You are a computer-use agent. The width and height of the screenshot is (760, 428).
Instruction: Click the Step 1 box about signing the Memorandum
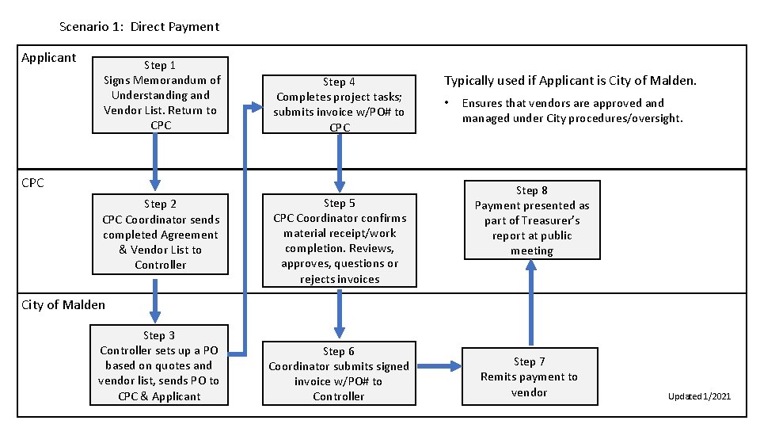pos(161,94)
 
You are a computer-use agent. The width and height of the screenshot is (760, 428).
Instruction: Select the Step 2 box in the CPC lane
pos(161,234)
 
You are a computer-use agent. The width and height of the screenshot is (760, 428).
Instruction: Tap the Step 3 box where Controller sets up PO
pos(161,365)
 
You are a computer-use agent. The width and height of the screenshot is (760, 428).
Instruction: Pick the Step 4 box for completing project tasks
pos(339,105)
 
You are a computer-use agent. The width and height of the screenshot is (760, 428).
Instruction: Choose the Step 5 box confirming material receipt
pos(339,240)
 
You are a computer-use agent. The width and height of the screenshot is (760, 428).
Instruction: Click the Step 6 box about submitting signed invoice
pos(339,373)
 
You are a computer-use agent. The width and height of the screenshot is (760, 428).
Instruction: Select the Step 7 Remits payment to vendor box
pos(529,376)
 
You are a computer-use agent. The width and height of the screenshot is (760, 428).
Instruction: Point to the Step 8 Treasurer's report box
pos(532,220)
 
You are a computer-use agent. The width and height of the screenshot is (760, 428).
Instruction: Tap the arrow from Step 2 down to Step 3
pos(155,299)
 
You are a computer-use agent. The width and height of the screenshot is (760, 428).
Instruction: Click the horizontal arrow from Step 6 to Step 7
pos(439,365)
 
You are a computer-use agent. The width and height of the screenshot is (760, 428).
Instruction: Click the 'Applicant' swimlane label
pos(49,58)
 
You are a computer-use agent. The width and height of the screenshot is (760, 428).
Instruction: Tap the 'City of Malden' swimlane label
pos(63,305)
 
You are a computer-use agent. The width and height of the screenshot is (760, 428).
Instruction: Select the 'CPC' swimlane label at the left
pos(33,183)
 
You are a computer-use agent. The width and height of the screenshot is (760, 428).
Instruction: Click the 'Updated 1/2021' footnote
pos(699,396)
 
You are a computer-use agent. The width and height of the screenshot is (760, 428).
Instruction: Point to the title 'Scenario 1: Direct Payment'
pos(139,27)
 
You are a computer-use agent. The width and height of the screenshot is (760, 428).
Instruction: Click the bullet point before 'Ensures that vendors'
pos(447,103)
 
